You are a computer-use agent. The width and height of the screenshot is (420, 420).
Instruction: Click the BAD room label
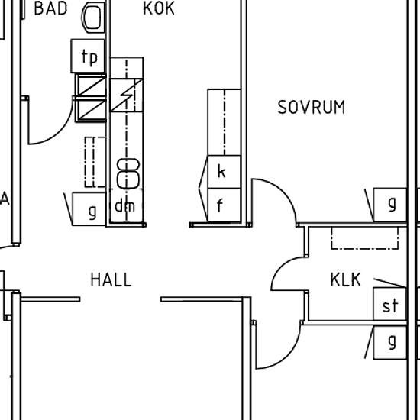pyautogui.click(x=51, y=8)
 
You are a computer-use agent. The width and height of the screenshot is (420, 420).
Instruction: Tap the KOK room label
pyautogui.click(x=159, y=8)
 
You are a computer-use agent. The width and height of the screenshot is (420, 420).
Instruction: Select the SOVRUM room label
pyautogui.click(x=312, y=107)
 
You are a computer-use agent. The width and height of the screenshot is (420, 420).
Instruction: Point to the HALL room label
pyautogui.click(x=111, y=279)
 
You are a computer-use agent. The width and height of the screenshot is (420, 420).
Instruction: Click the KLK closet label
pyautogui.click(x=345, y=279)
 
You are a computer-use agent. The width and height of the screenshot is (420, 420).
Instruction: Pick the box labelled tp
pyautogui.click(x=88, y=56)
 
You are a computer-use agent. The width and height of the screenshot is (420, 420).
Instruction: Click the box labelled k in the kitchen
pyautogui.click(x=225, y=172)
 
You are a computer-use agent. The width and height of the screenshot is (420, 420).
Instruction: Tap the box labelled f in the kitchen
pyautogui.click(x=225, y=205)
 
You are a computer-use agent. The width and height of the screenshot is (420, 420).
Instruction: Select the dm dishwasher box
pyautogui.click(x=126, y=205)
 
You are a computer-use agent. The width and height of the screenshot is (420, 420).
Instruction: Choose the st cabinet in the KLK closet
pyautogui.click(x=389, y=304)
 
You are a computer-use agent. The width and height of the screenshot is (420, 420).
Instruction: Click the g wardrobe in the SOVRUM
pyautogui.click(x=390, y=205)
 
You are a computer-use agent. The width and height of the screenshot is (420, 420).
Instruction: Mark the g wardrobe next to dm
pyautogui.click(x=89, y=209)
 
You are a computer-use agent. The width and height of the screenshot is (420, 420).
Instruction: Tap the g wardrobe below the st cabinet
pyautogui.click(x=390, y=342)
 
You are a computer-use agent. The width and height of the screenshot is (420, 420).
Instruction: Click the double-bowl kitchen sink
pyautogui.click(x=128, y=173)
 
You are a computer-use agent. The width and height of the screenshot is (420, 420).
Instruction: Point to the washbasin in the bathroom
pyautogui.click(x=93, y=17)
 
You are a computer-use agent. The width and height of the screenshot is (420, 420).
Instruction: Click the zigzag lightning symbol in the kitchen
pyautogui.click(x=127, y=95)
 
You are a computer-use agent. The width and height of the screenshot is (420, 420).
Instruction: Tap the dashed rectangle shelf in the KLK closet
pyautogui.click(x=365, y=238)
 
